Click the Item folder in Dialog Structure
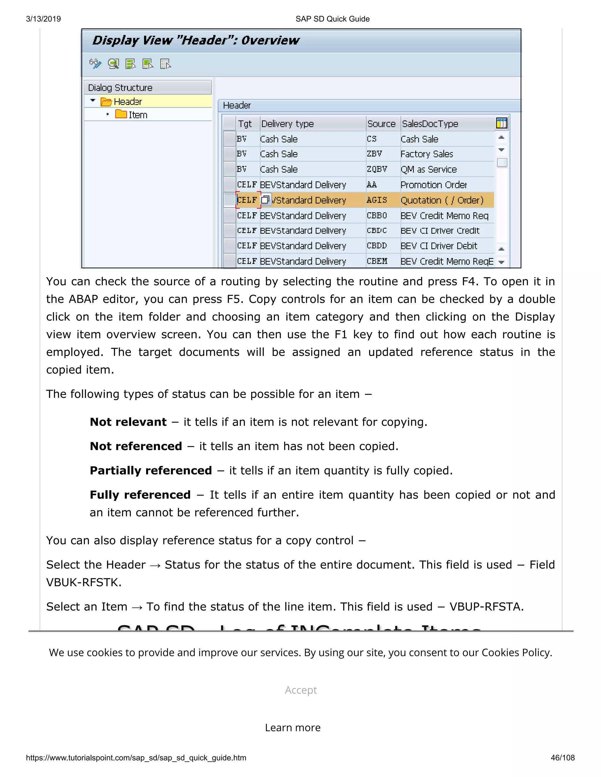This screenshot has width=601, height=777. pyautogui.click(x=132, y=115)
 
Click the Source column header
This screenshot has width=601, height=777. pyautogui.click(x=381, y=124)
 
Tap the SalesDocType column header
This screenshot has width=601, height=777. pyautogui.click(x=430, y=124)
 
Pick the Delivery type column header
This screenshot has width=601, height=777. pyautogui.click(x=287, y=124)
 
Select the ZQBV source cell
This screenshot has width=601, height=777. pyautogui.click(x=377, y=169)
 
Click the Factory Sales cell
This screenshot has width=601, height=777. pyautogui.click(x=426, y=154)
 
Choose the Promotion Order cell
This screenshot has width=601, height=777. pyautogui.click(x=433, y=185)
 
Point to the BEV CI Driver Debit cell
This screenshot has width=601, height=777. pyautogui.click(x=439, y=246)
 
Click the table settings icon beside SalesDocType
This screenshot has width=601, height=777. pyautogui.click(x=501, y=123)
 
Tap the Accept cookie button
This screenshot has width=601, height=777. pyautogui.click(x=300, y=690)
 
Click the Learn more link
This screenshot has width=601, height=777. pyautogui.click(x=293, y=727)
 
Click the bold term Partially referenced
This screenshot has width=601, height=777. pyautogui.click(x=151, y=470)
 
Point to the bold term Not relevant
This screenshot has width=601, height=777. pyautogui.click(x=128, y=422)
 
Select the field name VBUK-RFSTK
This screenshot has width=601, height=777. pyautogui.click(x=84, y=582)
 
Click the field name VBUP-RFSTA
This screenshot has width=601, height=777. pyautogui.click(x=486, y=606)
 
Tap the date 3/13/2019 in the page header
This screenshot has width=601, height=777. pyautogui.click(x=43, y=19)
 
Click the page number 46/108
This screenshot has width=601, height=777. pyautogui.click(x=563, y=757)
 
